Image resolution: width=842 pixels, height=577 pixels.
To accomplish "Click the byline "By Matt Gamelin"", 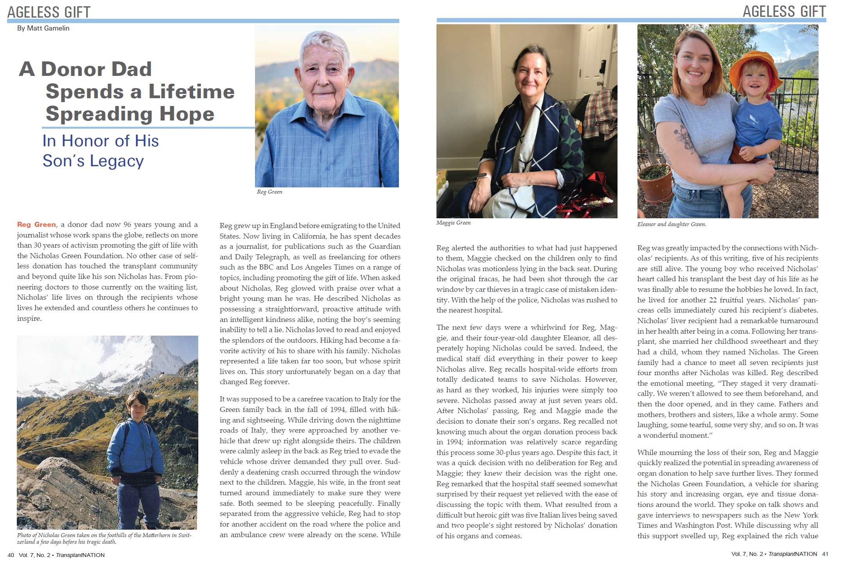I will [43, 28].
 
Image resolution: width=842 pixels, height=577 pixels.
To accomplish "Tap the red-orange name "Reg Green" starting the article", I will [36, 225].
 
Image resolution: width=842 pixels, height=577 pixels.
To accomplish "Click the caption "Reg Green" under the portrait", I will [269, 192].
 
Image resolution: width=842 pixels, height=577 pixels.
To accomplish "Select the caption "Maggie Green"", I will [453, 223].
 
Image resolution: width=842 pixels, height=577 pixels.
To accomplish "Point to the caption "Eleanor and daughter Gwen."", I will [671, 224].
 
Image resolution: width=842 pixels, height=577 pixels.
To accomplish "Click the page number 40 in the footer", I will [11, 555].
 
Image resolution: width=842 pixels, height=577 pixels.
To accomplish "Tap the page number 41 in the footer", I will [825, 554].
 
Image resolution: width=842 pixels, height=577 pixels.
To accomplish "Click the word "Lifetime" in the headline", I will [191, 92].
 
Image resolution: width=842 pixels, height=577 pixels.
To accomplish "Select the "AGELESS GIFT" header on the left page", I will [49, 12].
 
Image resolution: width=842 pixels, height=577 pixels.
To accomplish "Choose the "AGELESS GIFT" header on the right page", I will [784, 11].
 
